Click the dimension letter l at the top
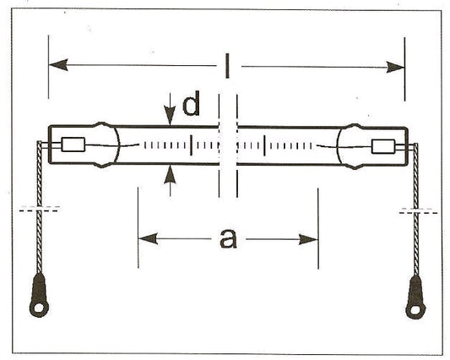click(x=227, y=67)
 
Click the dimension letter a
click(x=229, y=238)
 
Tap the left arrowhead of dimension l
click(x=58, y=65)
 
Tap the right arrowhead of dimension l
click(x=395, y=68)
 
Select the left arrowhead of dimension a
click(x=148, y=238)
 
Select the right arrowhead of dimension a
click(x=308, y=239)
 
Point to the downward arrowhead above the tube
click(x=170, y=116)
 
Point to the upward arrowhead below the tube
click(x=170, y=174)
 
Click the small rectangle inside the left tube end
click(x=73, y=145)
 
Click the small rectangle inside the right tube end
click(x=383, y=146)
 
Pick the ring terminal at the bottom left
click(x=39, y=296)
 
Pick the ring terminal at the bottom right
click(x=415, y=297)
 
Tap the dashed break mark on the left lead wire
click(x=40, y=209)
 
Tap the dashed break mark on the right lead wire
click(x=418, y=211)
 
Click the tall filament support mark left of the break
click(x=191, y=145)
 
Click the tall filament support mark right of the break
click(x=264, y=145)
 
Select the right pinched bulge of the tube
click(x=352, y=146)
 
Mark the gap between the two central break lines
click(x=228, y=145)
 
